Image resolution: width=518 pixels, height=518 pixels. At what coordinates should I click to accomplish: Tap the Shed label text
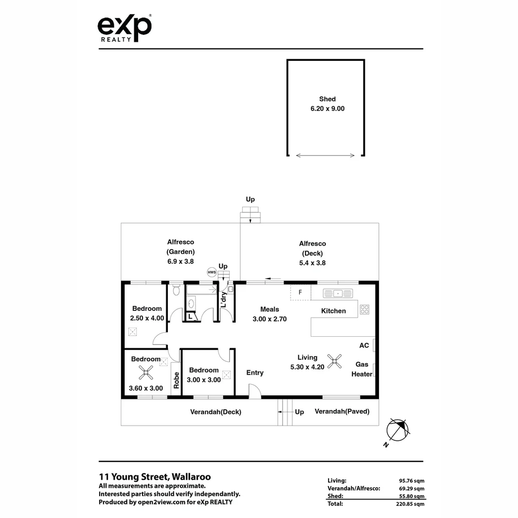pyautogui.click(x=327, y=99)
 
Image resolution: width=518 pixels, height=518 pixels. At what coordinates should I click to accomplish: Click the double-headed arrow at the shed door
pyautogui.click(x=326, y=155)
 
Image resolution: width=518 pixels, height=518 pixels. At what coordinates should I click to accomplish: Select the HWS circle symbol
pyautogui.click(x=212, y=272)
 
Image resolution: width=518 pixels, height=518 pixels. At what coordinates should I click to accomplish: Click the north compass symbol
pyautogui.click(x=399, y=429)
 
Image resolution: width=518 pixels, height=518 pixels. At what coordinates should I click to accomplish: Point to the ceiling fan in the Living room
pyautogui.click(x=334, y=361)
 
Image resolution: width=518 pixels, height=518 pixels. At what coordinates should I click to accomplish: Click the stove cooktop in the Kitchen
pyautogui.click(x=365, y=309)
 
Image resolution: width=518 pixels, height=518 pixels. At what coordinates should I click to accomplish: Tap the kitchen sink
pyautogui.click(x=338, y=293)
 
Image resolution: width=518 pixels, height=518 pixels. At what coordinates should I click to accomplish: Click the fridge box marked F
pyautogui.click(x=300, y=292)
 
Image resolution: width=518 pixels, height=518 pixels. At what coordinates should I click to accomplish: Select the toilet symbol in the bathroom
pyautogui.click(x=176, y=289)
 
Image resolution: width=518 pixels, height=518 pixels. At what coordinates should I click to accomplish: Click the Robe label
pyautogui.click(x=176, y=380)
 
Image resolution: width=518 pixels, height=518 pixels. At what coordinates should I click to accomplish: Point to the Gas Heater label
pyautogui.click(x=362, y=369)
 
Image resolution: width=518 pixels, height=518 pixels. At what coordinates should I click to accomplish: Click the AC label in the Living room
pyautogui.click(x=364, y=345)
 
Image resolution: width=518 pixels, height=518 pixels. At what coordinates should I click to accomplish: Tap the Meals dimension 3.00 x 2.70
pyautogui.click(x=270, y=318)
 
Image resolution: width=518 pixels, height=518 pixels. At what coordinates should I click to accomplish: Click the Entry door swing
pyautogui.click(x=255, y=390)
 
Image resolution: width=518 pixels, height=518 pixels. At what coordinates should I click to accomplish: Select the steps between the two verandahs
pyautogui.click(x=285, y=412)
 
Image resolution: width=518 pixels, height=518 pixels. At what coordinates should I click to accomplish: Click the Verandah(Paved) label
pyautogui.click(x=342, y=412)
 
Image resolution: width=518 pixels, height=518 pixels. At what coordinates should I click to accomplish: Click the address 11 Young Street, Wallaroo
pyautogui.click(x=154, y=477)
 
